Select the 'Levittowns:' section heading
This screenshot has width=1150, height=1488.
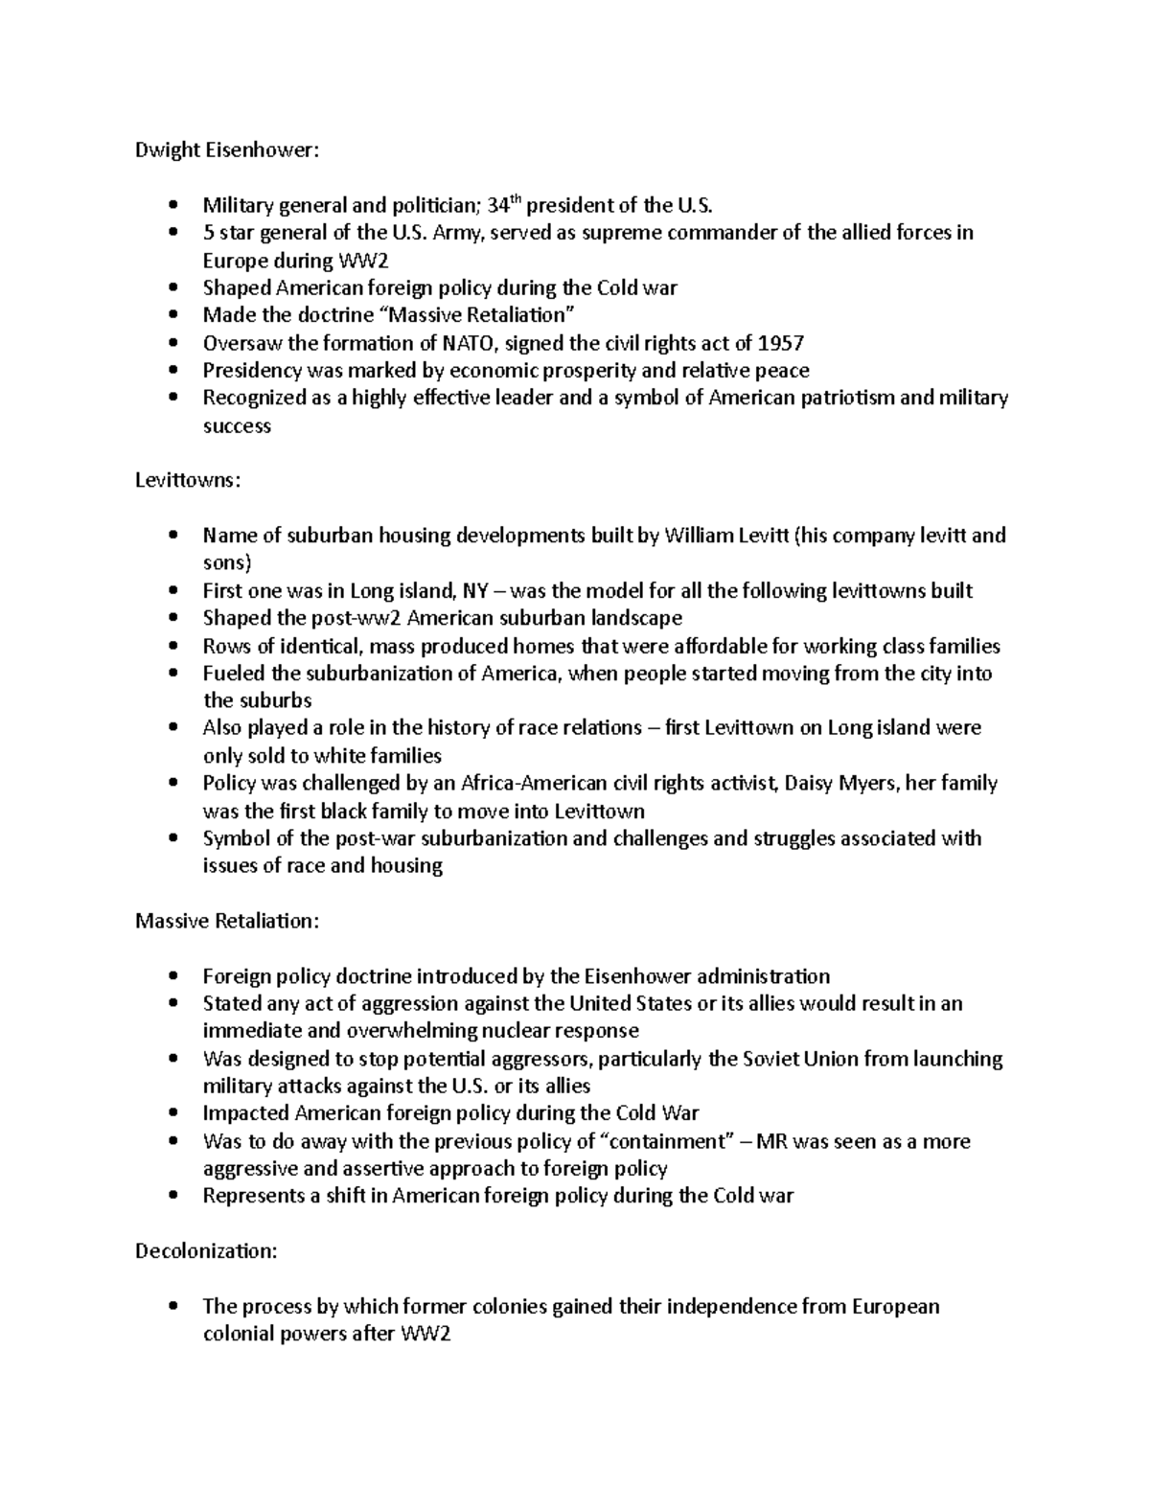click(187, 480)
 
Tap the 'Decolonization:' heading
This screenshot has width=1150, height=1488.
click(204, 1250)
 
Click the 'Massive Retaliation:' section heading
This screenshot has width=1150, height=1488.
click(226, 921)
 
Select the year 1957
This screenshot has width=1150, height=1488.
click(781, 343)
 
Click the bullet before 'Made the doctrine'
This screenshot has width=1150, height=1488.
click(172, 315)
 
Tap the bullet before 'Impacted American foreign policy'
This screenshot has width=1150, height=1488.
click(172, 1113)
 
